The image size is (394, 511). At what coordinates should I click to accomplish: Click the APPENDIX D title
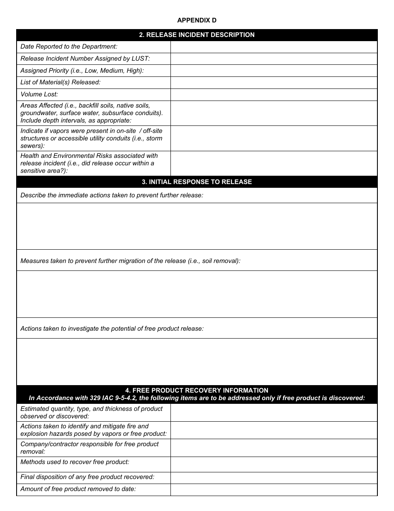tap(197, 20)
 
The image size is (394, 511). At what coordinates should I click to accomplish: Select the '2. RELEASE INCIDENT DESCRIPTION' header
tap(197, 35)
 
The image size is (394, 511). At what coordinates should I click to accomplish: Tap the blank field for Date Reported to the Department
tap(274, 47)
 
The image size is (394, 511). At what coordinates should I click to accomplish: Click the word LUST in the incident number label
tap(140, 59)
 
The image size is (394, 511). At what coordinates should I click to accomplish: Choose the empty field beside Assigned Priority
tap(274, 71)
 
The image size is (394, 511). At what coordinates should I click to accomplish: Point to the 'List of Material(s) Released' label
tap(61, 82)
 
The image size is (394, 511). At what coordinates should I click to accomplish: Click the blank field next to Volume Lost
tap(274, 94)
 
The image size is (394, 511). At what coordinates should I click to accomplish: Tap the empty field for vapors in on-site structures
tap(274, 138)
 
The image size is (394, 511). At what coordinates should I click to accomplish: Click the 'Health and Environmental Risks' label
tap(89, 163)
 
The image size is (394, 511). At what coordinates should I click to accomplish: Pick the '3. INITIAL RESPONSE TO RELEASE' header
tap(197, 182)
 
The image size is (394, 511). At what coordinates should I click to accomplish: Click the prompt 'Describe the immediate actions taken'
tap(112, 195)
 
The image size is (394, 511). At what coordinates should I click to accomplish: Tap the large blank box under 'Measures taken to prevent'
tap(197, 294)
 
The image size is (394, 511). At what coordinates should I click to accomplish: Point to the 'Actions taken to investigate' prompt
tap(112, 329)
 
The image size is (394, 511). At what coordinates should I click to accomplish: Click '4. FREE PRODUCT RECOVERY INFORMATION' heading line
tap(197, 391)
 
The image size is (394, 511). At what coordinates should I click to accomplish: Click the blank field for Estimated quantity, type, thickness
tap(274, 413)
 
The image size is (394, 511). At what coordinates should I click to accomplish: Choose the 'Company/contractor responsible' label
tap(90, 448)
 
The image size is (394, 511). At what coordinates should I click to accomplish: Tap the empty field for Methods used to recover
tap(274, 464)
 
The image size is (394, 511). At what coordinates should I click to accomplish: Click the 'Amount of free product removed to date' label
tap(78, 489)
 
